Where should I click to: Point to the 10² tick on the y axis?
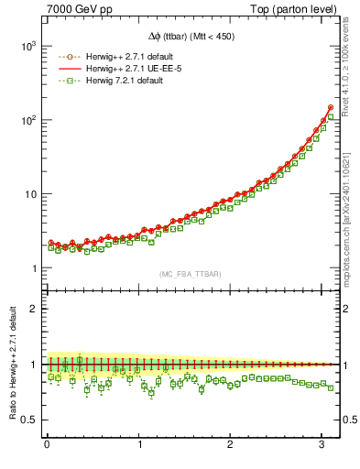tap(27, 120)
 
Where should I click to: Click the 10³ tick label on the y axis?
tap(27, 46)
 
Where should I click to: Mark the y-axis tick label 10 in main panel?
tap(29, 194)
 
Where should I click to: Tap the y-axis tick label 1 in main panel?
tap(34, 268)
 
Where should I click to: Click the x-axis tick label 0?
tap(47, 444)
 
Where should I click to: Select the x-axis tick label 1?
tap(139, 444)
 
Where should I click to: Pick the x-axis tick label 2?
tap(231, 444)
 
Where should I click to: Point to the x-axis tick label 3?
tap(322, 444)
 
